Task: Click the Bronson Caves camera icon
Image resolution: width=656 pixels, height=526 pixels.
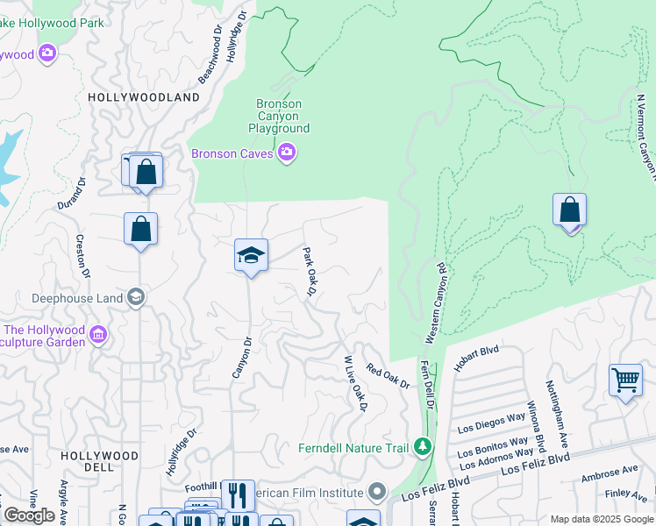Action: coord(287,154)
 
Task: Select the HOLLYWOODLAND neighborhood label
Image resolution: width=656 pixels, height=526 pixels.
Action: coord(145,97)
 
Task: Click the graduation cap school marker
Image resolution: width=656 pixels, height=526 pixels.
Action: coord(251,255)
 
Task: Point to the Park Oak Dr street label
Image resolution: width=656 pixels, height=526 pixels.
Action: coord(308,271)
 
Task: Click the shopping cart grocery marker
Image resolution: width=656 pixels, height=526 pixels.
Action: coord(625,381)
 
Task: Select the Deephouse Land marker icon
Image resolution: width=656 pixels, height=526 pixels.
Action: coord(136,298)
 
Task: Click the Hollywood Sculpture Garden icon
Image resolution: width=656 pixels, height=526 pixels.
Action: coord(97,335)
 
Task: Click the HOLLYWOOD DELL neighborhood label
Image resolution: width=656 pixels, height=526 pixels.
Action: coord(99,461)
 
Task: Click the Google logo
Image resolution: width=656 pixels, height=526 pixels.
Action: coord(29,515)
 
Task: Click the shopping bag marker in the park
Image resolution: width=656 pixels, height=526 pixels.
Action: coord(570,210)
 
